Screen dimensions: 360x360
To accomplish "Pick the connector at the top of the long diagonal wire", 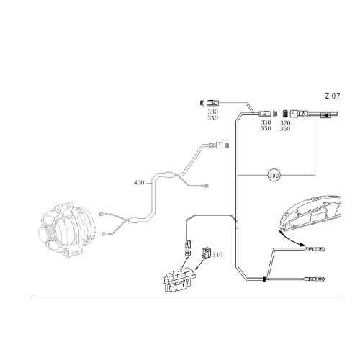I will coord(215,145).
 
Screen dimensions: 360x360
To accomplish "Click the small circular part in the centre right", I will coord(273,175).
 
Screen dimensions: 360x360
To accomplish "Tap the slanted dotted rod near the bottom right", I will coord(271,264).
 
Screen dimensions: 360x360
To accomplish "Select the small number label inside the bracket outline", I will coord(215,253).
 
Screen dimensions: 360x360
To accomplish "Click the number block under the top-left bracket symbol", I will coord(213,114).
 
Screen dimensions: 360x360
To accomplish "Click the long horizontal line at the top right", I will coord(320,114).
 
